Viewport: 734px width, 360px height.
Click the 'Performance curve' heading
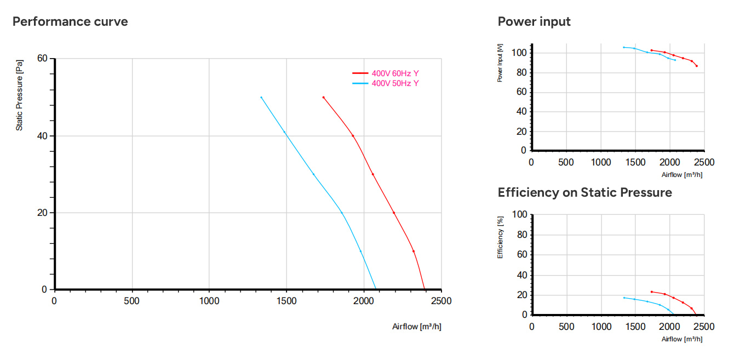coord(70,21)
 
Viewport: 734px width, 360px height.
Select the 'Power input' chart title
coord(534,21)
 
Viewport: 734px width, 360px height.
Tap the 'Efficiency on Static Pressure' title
coord(585,192)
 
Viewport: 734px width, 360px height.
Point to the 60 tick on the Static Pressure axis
coord(42,59)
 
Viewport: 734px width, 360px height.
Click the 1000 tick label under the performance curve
coord(209,301)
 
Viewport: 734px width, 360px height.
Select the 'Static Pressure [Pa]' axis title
coord(19,95)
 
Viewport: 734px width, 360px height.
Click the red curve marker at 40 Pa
coord(353,136)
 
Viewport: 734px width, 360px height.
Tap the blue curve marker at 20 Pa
coord(342,213)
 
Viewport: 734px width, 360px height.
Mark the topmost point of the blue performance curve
coord(261,98)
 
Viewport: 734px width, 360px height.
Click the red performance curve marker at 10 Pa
coord(414,252)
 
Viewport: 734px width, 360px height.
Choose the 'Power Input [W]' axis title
coord(500,63)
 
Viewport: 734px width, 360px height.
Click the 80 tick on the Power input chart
coord(521,72)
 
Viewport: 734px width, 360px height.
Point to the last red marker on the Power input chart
coord(697,66)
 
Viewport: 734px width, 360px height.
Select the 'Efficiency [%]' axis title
coord(500,237)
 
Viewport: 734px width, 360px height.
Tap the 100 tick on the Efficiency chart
coord(520,214)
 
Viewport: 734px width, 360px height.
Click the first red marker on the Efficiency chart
coord(652,292)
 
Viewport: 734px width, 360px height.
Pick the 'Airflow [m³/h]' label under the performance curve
coord(417,327)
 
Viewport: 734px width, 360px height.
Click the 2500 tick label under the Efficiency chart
coord(704,327)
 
